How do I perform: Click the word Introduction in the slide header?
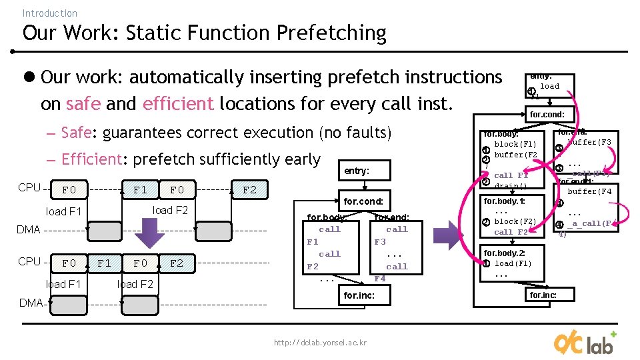coord(49,13)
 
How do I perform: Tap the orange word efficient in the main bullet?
coord(178,104)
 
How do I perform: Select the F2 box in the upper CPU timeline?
coord(249,190)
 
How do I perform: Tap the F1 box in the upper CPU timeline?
coord(140,190)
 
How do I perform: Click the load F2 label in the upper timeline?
coord(170,211)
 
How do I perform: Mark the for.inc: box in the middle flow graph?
coord(359,295)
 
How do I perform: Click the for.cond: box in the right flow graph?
coord(547,115)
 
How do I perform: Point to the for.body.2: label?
coord(505,253)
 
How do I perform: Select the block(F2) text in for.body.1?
coord(515,221)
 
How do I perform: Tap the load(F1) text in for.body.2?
coord(513,263)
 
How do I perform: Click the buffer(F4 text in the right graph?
coord(589,191)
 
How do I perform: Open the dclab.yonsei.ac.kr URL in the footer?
coord(320,343)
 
